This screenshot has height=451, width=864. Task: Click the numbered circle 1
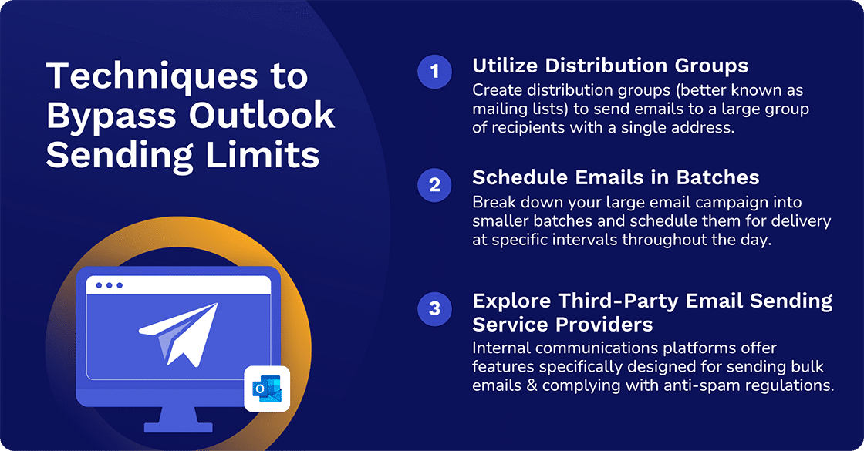point(434,72)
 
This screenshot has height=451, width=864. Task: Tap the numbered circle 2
point(434,185)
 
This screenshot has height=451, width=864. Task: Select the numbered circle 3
point(434,308)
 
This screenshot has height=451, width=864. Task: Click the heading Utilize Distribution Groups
point(610,66)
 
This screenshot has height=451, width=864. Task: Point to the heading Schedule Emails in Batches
point(616,177)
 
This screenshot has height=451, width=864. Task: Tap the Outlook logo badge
point(266,389)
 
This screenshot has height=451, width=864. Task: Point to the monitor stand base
point(177,426)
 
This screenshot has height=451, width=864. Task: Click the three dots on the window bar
point(109,285)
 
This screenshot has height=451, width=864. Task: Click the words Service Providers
point(562,323)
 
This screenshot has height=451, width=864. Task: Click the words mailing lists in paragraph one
point(514,109)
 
